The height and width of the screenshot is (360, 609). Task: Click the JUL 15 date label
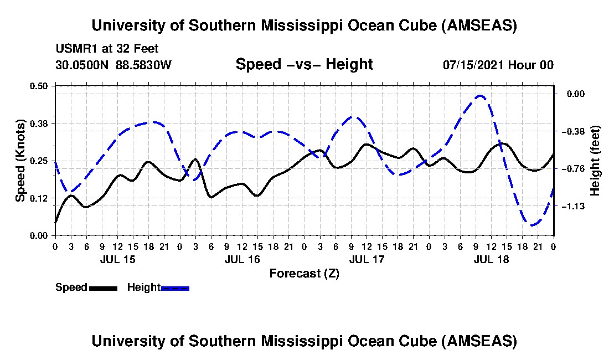click(x=117, y=259)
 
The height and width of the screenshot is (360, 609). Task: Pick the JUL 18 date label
click(x=492, y=259)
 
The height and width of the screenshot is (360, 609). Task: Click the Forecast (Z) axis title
click(x=304, y=273)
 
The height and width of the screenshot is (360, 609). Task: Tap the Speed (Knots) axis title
click(x=20, y=160)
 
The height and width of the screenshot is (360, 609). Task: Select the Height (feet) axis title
click(x=595, y=161)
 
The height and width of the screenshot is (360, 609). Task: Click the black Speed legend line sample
click(x=103, y=288)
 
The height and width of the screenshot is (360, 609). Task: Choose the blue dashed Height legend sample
click(x=175, y=288)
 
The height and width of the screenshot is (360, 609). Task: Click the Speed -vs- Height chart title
click(x=304, y=64)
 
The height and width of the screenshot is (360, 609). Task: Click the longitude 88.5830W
click(x=144, y=65)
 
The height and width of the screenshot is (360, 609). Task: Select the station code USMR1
click(x=71, y=49)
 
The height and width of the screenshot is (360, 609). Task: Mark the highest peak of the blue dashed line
click(x=480, y=96)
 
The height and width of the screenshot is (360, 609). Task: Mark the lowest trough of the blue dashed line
click(x=532, y=225)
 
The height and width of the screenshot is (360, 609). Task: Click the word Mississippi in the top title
click(x=302, y=25)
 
